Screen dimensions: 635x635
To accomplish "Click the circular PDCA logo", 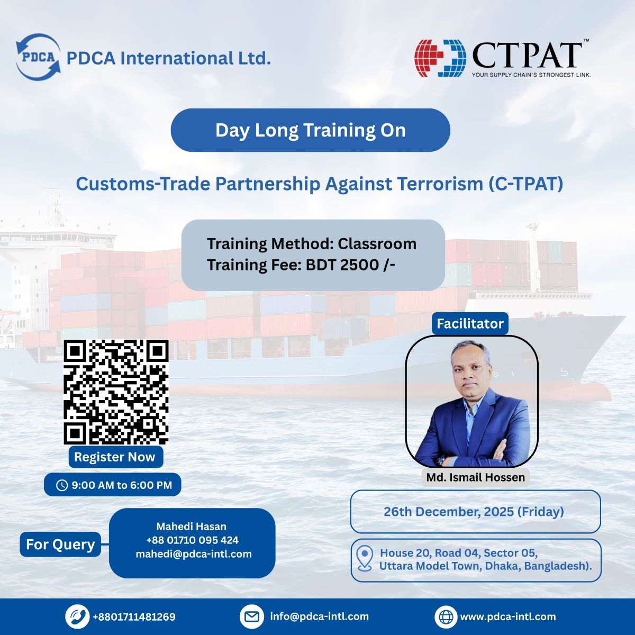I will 38,57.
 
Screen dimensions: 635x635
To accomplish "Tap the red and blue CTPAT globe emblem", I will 440,58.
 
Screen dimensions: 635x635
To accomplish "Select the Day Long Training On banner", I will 310,130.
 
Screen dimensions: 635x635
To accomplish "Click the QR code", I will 116,392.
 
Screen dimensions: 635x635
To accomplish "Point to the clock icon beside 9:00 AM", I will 62,485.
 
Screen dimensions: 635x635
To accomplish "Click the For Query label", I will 60,545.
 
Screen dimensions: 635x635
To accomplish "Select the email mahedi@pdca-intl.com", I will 194,554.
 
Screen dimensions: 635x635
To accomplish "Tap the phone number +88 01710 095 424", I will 192,540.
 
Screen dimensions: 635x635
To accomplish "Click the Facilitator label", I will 470,323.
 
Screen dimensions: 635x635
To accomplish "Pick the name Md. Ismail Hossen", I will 476,477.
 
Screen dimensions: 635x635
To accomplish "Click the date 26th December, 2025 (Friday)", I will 474,512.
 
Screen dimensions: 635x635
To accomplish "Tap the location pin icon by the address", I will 365,559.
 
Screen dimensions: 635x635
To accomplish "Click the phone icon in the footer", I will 77,616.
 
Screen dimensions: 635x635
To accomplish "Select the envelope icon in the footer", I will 252,616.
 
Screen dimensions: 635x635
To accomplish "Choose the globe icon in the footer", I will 446,616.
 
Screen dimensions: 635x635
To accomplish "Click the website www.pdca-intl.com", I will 508,616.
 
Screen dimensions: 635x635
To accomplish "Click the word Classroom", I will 377,244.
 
